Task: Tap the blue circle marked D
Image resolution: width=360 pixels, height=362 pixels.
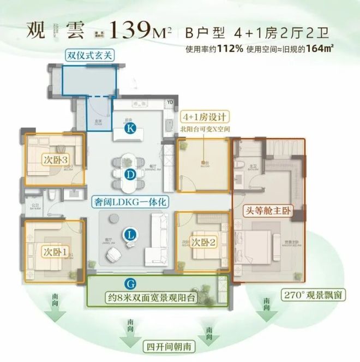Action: [x=130, y=175]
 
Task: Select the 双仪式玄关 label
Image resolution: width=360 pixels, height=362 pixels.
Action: [x=88, y=56]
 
